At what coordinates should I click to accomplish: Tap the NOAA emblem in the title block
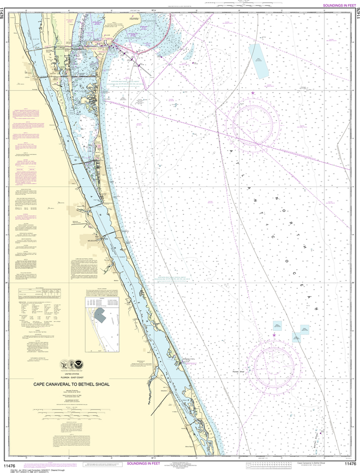84,364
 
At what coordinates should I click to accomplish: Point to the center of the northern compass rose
253,122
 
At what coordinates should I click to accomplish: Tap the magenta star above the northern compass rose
252,93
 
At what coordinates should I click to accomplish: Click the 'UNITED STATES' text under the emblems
73,373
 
